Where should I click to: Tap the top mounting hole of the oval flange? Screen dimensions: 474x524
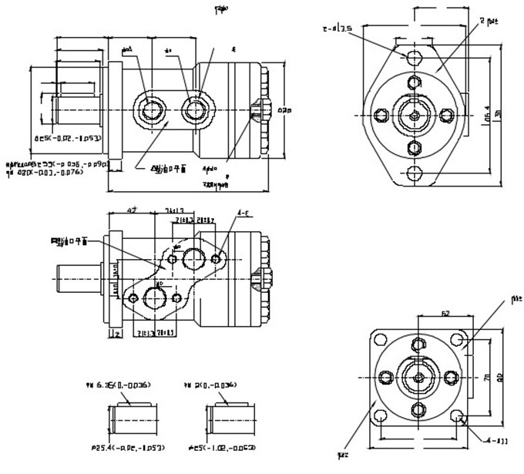(x=415, y=58)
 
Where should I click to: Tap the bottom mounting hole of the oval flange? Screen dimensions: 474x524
(x=415, y=173)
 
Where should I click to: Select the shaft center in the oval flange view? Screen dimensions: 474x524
(x=415, y=116)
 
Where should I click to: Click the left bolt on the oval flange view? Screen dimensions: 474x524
(x=379, y=116)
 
